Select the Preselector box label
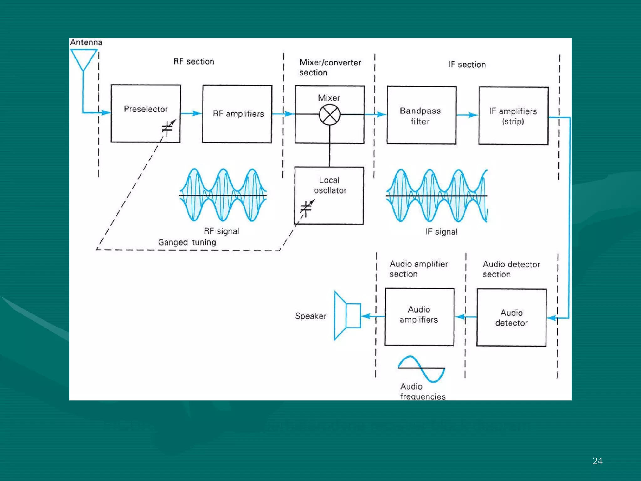click(x=146, y=109)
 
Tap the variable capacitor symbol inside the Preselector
click(x=167, y=128)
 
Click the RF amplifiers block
click(x=237, y=114)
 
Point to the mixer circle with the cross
click(x=330, y=115)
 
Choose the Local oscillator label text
click(x=330, y=185)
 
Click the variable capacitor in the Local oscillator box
click(x=306, y=208)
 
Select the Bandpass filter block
click(x=421, y=116)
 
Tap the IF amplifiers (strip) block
click(x=513, y=116)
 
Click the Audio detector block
click(x=511, y=318)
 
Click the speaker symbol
click(x=347, y=315)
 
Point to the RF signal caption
click(x=222, y=231)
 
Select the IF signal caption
click(x=441, y=232)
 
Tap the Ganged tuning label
click(x=187, y=242)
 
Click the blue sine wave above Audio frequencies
click(x=421, y=369)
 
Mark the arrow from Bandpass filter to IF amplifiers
click(x=467, y=115)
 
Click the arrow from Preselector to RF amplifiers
click(x=191, y=113)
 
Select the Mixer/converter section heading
click(x=330, y=67)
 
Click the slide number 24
click(x=597, y=461)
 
